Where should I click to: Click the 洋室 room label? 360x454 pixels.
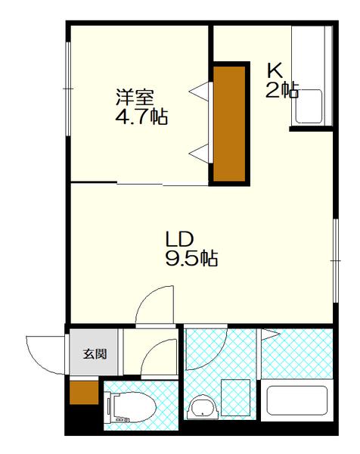pos(135,97)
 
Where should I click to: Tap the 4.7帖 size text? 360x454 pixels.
pos(141,117)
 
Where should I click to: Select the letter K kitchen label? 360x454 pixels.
pos(275,70)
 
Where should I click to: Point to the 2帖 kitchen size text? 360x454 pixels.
pos(282,90)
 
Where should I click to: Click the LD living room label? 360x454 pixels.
pos(179,239)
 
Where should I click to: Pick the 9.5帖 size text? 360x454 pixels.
pos(191,258)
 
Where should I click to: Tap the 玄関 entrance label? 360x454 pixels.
pos(95,354)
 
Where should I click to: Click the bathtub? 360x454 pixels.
pos(297,400)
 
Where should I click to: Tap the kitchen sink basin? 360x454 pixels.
pos(309,107)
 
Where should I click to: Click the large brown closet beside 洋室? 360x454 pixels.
pos(229,123)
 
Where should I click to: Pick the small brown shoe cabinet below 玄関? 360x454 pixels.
pos(84,393)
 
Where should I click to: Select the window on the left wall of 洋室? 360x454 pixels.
pos(68,89)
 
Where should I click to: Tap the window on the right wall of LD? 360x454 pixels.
pos(335,260)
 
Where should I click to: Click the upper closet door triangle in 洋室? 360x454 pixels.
pos(200,92)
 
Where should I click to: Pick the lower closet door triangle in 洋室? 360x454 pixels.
pos(200,154)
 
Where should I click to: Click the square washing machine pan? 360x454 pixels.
pos(235,397)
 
